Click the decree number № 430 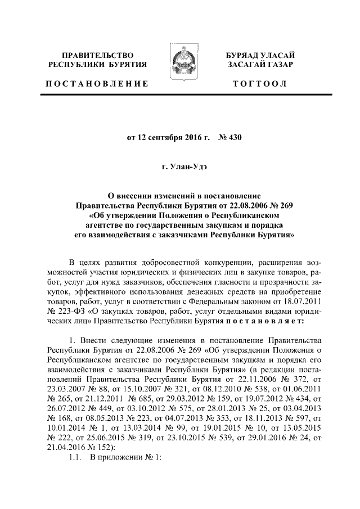(229, 137)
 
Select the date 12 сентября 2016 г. (169, 137)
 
